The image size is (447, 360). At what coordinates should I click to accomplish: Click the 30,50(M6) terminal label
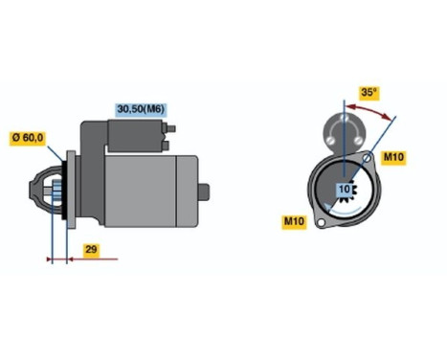(140, 109)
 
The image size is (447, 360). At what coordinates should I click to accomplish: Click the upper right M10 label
(394, 156)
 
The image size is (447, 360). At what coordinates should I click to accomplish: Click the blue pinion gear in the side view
(55, 191)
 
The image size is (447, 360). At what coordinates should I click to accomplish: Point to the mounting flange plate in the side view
(65, 191)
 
